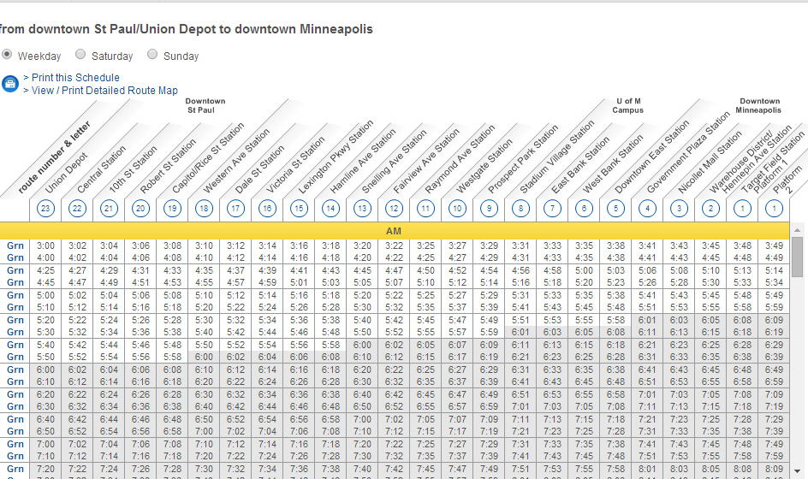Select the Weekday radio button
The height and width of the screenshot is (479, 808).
pyautogui.click(x=7, y=55)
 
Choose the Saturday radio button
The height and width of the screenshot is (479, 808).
pyautogui.click(x=80, y=55)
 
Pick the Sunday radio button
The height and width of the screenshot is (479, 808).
pyautogui.click(x=152, y=55)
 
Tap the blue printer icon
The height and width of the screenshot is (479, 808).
pyautogui.click(x=10, y=84)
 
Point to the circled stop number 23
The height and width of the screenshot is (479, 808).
pyautogui.click(x=46, y=208)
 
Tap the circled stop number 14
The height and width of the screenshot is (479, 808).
pyautogui.click(x=330, y=208)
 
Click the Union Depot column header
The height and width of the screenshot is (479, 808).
pyautogui.click(x=67, y=171)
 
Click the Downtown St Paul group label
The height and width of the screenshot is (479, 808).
pyautogui.click(x=205, y=105)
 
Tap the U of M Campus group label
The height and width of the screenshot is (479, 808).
pyautogui.click(x=627, y=105)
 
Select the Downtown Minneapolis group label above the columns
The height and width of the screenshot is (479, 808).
pyautogui.click(x=760, y=105)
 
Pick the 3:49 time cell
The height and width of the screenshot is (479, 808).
pyautogui.click(x=774, y=245)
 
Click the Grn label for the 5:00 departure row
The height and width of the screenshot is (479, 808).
pyautogui.click(x=15, y=295)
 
